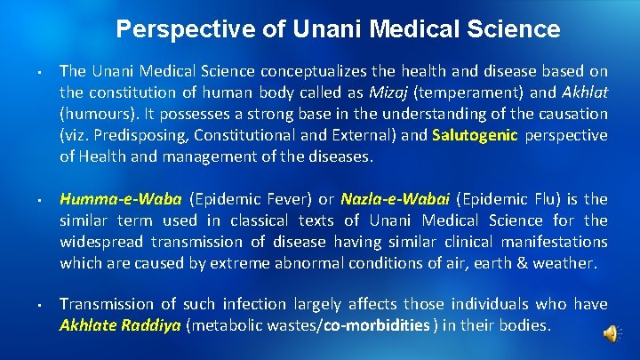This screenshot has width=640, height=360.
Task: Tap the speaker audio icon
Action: pyautogui.click(x=611, y=332)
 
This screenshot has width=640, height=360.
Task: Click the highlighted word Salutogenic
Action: pyautogui.click(x=476, y=135)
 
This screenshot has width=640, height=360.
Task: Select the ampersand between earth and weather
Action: pyautogui.click(x=523, y=262)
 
